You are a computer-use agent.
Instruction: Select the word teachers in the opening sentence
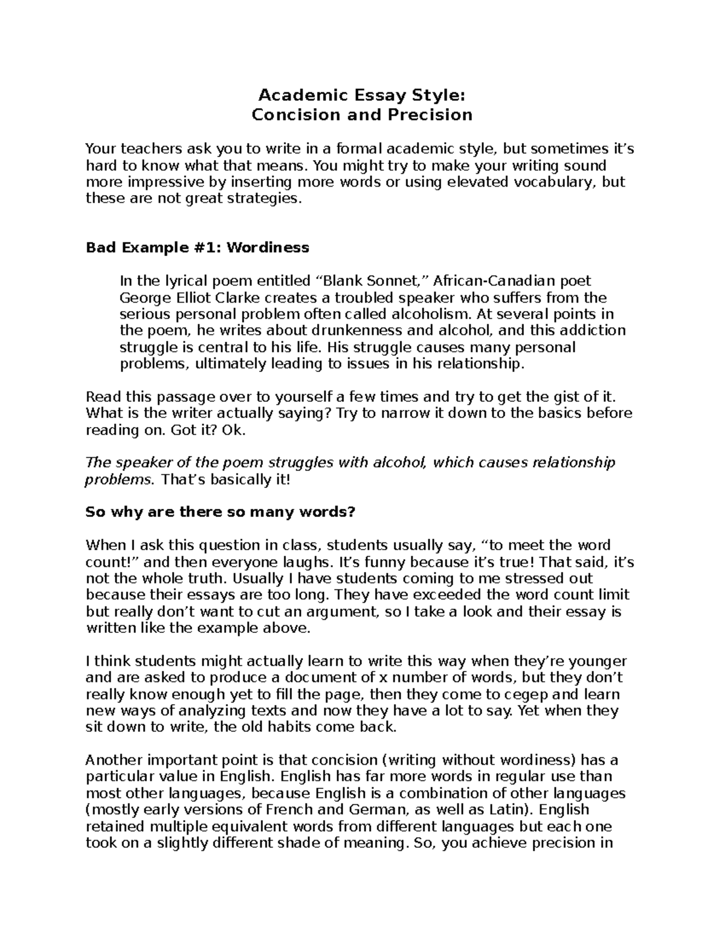pos(150,149)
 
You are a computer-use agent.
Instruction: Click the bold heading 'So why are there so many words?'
pos(221,512)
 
